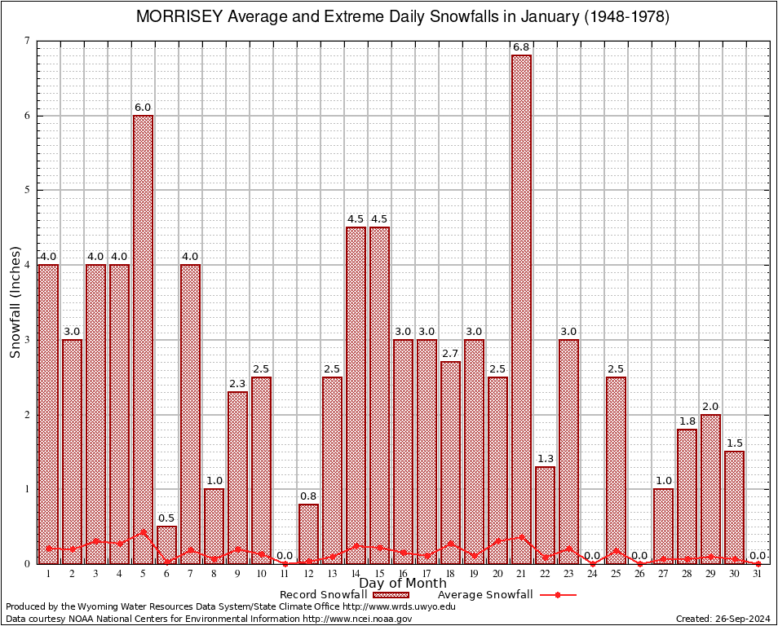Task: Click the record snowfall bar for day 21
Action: tap(521, 310)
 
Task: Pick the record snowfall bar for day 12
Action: tap(308, 534)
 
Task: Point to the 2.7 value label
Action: tap(450, 353)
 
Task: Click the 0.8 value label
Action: tap(308, 496)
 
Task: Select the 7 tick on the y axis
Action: tap(27, 41)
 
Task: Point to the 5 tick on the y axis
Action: tap(27, 190)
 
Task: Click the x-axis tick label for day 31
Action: tap(758, 573)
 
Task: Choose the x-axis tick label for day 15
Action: tap(379, 573)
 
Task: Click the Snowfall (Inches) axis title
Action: tap(15, 302)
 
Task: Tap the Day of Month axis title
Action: tap(402, 584)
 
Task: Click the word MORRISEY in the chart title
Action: tap(172, 17)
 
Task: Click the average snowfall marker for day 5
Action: tap(143, 532)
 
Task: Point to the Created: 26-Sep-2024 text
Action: tap(723, 619)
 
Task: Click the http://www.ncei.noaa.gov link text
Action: tap(357, 619)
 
